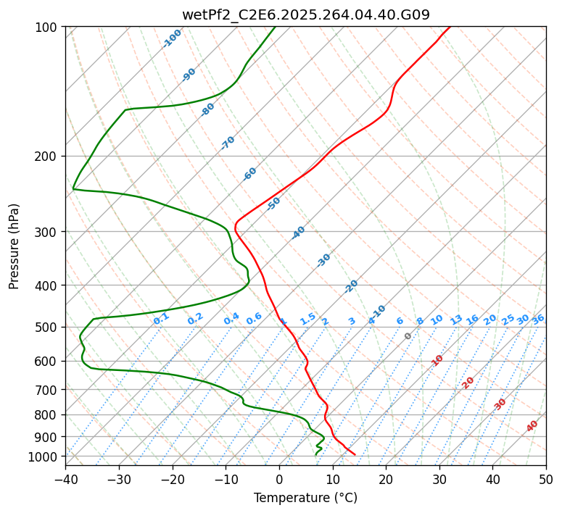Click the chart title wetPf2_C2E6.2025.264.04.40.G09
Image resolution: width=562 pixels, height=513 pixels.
[305, 14]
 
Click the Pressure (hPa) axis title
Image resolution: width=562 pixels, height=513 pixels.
[15, 246]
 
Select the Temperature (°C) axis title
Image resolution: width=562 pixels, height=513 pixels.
[305, 499]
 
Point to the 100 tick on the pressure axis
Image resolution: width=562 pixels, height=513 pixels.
[48, 27]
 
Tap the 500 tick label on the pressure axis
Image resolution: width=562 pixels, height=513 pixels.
[48, 328]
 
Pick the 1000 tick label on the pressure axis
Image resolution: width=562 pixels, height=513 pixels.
[45, 456]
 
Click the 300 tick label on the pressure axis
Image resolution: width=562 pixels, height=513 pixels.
[48, 232]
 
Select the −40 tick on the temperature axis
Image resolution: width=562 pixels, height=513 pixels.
[65, 480]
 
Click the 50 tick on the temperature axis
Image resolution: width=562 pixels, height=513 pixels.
[546, 480]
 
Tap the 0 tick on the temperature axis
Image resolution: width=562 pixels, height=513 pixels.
[279, 480]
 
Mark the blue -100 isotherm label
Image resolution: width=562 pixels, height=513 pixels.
[172, 38]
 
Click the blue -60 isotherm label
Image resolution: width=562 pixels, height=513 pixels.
[249, 174]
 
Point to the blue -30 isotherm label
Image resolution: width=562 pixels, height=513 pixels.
[323, 260]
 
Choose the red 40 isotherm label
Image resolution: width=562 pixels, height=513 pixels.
[532, 426]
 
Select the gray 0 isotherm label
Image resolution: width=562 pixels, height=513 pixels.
[408, 336]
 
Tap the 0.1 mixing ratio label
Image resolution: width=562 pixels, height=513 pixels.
[161, 317]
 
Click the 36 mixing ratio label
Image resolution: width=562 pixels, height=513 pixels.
[538, 319]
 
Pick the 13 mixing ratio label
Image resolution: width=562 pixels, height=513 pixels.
[456, 320]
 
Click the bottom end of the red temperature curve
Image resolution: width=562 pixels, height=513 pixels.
[355, 454]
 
